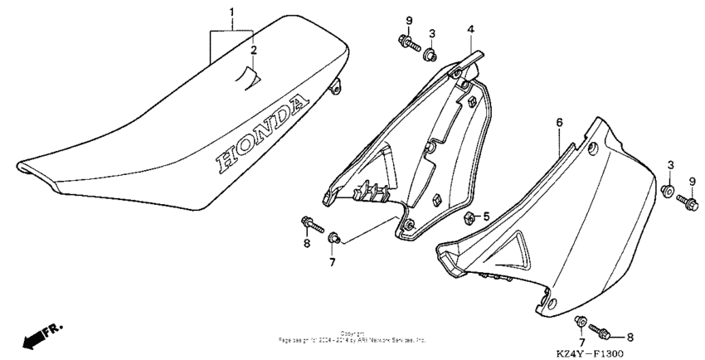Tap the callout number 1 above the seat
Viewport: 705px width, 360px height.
click(x=233, y=12)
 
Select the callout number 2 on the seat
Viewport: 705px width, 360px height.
click(x=254, y=51)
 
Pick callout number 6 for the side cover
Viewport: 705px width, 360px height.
click(x=559, y=122)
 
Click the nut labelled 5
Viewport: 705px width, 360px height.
click(x=468, y=218)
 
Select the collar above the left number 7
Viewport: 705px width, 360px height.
click(x=333, y=238)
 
